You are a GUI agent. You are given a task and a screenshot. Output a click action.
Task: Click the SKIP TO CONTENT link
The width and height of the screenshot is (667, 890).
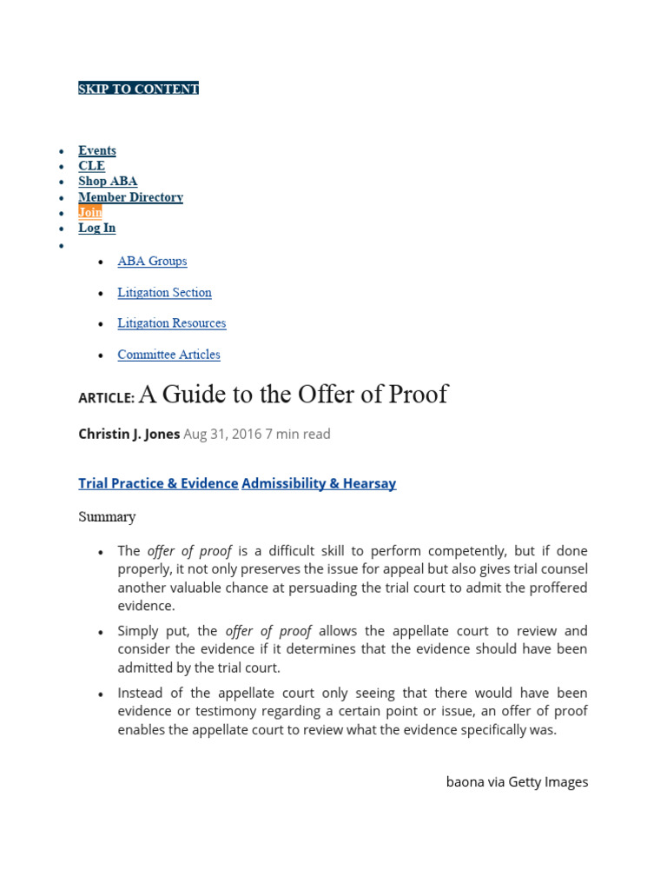coord(138,89)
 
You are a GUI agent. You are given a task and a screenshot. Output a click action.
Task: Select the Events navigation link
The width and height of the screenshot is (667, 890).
coord(96,150)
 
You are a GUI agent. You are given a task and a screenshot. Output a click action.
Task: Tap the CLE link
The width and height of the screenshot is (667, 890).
coord(91,166)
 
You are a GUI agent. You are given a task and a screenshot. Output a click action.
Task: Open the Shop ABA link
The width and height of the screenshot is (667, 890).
coord(108,182)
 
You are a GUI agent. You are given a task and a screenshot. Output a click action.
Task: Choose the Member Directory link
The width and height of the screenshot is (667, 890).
coord(130,197)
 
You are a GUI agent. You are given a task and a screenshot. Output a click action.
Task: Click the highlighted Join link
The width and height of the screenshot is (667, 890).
coord(89,212)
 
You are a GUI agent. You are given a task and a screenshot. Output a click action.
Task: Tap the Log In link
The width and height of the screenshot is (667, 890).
coord(96,228)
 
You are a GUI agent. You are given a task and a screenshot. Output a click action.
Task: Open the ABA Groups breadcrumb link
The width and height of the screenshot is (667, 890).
coord(152,261)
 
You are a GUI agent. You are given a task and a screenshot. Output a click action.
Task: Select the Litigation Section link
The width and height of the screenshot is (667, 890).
coord(164,293)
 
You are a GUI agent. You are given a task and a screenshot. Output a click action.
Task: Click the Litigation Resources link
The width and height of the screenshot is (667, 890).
coord(171,323)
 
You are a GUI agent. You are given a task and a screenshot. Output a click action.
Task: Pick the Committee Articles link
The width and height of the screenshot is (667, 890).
coord(168,355)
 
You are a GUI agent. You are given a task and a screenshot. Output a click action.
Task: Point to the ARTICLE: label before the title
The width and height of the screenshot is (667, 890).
coord(106,397)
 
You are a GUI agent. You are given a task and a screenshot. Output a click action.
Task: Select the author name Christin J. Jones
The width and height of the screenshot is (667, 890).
coord(129,434)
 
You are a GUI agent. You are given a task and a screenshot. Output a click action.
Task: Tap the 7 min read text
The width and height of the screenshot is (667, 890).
coord(298,434)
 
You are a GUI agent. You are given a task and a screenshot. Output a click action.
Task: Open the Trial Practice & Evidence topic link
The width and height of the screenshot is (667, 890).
coord(158,483)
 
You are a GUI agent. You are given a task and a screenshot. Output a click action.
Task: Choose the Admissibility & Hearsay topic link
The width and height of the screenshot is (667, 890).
coord(319,483)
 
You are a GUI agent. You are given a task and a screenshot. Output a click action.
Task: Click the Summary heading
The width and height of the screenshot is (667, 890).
coord(107,517)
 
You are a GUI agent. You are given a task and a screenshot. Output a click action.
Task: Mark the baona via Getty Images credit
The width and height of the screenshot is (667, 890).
coord(517,781)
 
